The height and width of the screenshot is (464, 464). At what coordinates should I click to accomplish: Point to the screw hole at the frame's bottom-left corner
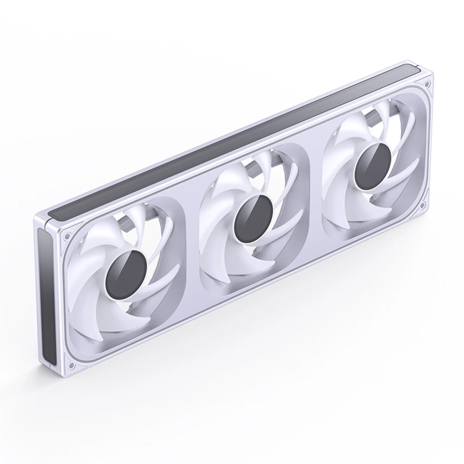pyautogui.click(x=70, y=366)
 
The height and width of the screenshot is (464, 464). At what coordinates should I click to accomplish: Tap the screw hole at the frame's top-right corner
pyautogui.click(x=421, y=85)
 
